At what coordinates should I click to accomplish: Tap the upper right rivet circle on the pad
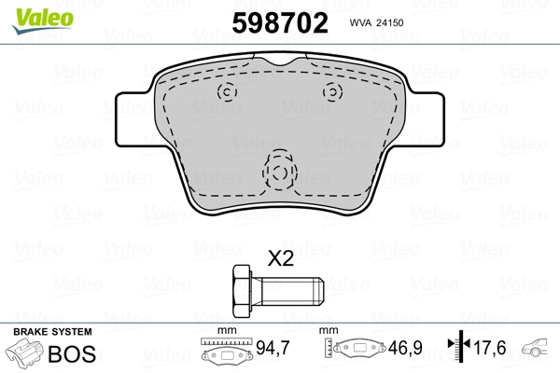pyautogui.click(x=331, y=91)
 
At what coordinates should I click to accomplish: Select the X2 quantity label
pyautogui.click(x=280, y=259)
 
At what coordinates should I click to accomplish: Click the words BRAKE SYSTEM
pyautogui.click(x=51, y=332)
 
